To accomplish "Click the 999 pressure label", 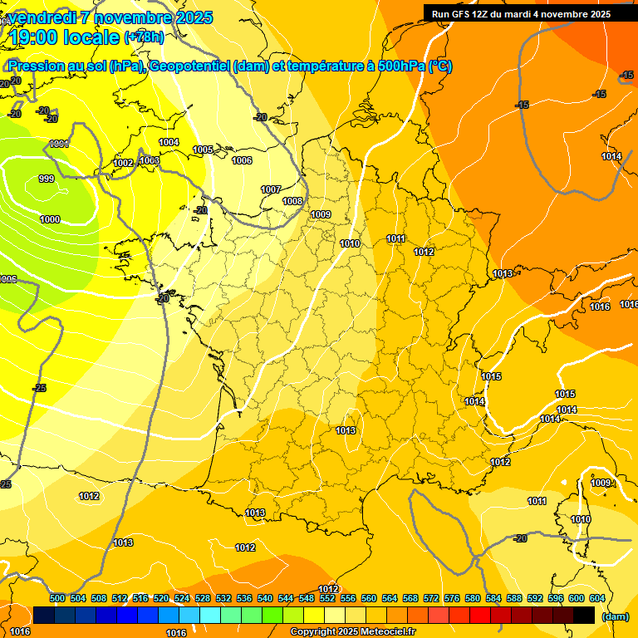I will pyautogui.click(x=47, y=179).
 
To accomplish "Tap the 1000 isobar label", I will pyautogui.click(x=50, y=219).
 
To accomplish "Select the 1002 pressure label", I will pyautogui.click(x=124, y=164).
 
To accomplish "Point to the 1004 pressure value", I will pyautogui.click(x=169, y=142).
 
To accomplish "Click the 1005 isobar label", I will pyautogui.click(x=203, y=150).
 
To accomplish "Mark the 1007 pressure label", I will pyautogui.click(x=271, y=189).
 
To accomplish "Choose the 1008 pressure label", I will pyautogui.click(x=292, y=201).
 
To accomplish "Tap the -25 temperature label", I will pyautogui.click(x=39, y=388).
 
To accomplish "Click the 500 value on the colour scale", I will pyautogui.click(x=57, y=598).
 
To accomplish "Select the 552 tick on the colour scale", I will pyautogui.click(x=327, y=598).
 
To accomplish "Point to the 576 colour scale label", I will pyautogui.click(x=452, y=598).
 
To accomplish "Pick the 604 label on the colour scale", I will pyautogui.click(x=597, y=598).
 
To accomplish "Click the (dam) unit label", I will pyautogui.click(x=615, y=616).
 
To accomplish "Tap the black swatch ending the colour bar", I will pyautogui.click(x=584, y=615).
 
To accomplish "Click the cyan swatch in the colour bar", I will pyautogui.click(x=210, y=615).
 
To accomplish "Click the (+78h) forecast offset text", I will pyautogui.click(x=144, y=37).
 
